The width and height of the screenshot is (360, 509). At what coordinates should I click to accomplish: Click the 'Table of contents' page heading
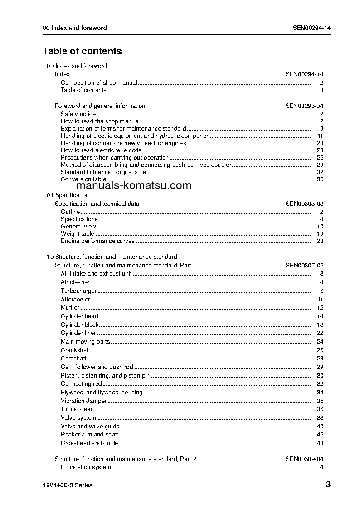[82, 51]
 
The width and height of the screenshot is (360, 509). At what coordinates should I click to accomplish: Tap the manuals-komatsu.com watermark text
[134, 186]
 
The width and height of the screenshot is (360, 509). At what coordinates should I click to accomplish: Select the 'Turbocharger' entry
[79, 291]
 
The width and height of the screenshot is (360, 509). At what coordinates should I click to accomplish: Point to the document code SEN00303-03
[304, 204]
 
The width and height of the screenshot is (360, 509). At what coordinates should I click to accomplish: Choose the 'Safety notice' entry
[78, 114]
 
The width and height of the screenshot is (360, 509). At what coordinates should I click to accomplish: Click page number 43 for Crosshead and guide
[320, 443]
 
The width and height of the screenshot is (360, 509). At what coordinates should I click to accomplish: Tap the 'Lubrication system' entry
[86, 467]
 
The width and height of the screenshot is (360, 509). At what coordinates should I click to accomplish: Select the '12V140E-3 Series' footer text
[68, 485]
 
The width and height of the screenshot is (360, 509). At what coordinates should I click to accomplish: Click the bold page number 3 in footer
[328, 485]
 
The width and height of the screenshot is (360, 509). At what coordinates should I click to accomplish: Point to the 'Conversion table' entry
[83, 179]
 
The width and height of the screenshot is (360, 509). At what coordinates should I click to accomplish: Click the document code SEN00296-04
[304, 106]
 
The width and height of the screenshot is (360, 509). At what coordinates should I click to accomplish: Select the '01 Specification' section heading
[68, 195]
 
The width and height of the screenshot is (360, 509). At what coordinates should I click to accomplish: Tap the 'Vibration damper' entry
[84, 401]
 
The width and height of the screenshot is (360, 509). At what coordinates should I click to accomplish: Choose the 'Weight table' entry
[78, 234]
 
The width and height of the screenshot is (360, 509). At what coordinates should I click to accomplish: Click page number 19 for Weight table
[320, 234]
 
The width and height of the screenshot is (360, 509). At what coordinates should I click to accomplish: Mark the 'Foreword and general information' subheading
[100, 106]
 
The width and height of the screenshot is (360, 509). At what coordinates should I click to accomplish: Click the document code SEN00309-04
[304, 459]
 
